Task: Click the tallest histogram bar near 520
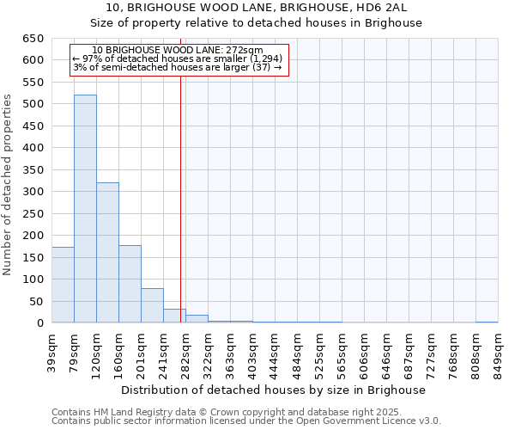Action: pos(85,209)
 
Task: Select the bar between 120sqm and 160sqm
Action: pos(107,253)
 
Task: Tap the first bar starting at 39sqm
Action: pos(63,285)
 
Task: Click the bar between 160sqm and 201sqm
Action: pos(130,284)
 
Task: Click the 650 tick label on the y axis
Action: pos(33,39)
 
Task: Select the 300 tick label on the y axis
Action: pos(33,192)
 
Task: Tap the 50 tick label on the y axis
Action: pos(36,301)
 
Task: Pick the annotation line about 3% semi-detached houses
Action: pos(178,67)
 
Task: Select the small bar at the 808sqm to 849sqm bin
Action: pos(487,322)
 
